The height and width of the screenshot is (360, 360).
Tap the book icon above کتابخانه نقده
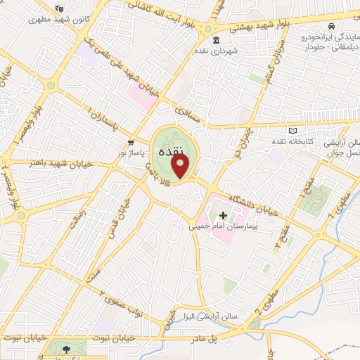click(293, 131)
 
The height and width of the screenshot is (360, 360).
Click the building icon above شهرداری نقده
click(215, 39)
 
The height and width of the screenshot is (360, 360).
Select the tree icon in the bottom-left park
click(66, 349)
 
